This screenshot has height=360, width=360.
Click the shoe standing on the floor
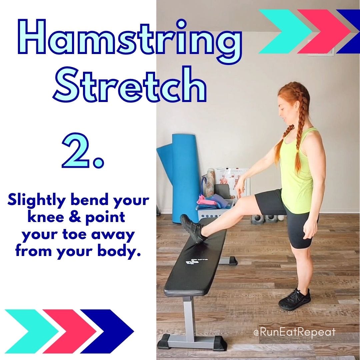tap(295, 299)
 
